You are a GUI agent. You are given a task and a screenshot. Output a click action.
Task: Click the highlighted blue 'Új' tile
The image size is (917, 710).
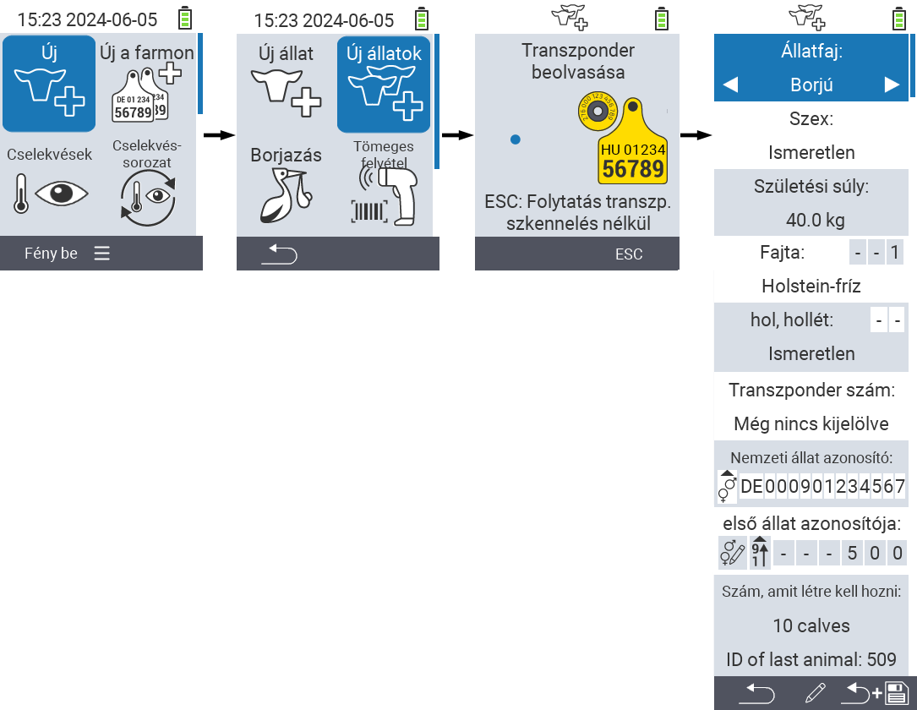tap(49, 84)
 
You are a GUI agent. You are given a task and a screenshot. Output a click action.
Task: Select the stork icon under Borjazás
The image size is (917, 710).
tap(286, 198)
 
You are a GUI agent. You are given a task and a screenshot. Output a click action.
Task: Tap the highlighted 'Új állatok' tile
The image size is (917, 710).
tap(384, 84)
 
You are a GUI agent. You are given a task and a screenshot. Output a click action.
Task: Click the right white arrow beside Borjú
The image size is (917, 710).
tap(891, 85)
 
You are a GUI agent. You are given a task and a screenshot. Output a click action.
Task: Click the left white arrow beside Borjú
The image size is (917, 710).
tap(730, 85)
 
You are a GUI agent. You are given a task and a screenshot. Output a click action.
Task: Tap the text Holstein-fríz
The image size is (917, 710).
tap(811, 287)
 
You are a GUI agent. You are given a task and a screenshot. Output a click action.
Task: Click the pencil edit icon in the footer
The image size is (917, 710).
tap(815, 694)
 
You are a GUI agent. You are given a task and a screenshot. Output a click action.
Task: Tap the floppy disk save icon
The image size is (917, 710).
tap(895, 694)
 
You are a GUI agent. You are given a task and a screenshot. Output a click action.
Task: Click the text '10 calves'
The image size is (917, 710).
tap(811, 626)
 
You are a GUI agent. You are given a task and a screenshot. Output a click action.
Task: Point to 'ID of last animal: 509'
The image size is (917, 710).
tap(811, 659)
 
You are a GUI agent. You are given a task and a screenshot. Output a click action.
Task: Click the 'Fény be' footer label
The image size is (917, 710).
tap(51, 254)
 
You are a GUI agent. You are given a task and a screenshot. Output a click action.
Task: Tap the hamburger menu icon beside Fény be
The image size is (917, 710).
tap(102, 254)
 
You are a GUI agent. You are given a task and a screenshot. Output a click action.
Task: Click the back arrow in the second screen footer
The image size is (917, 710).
tap(279, 254)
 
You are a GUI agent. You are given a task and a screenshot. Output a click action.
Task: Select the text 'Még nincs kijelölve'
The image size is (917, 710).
tap(811, 423)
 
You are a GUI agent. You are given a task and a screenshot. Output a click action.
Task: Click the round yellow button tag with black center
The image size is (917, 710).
tap(597, 112)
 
